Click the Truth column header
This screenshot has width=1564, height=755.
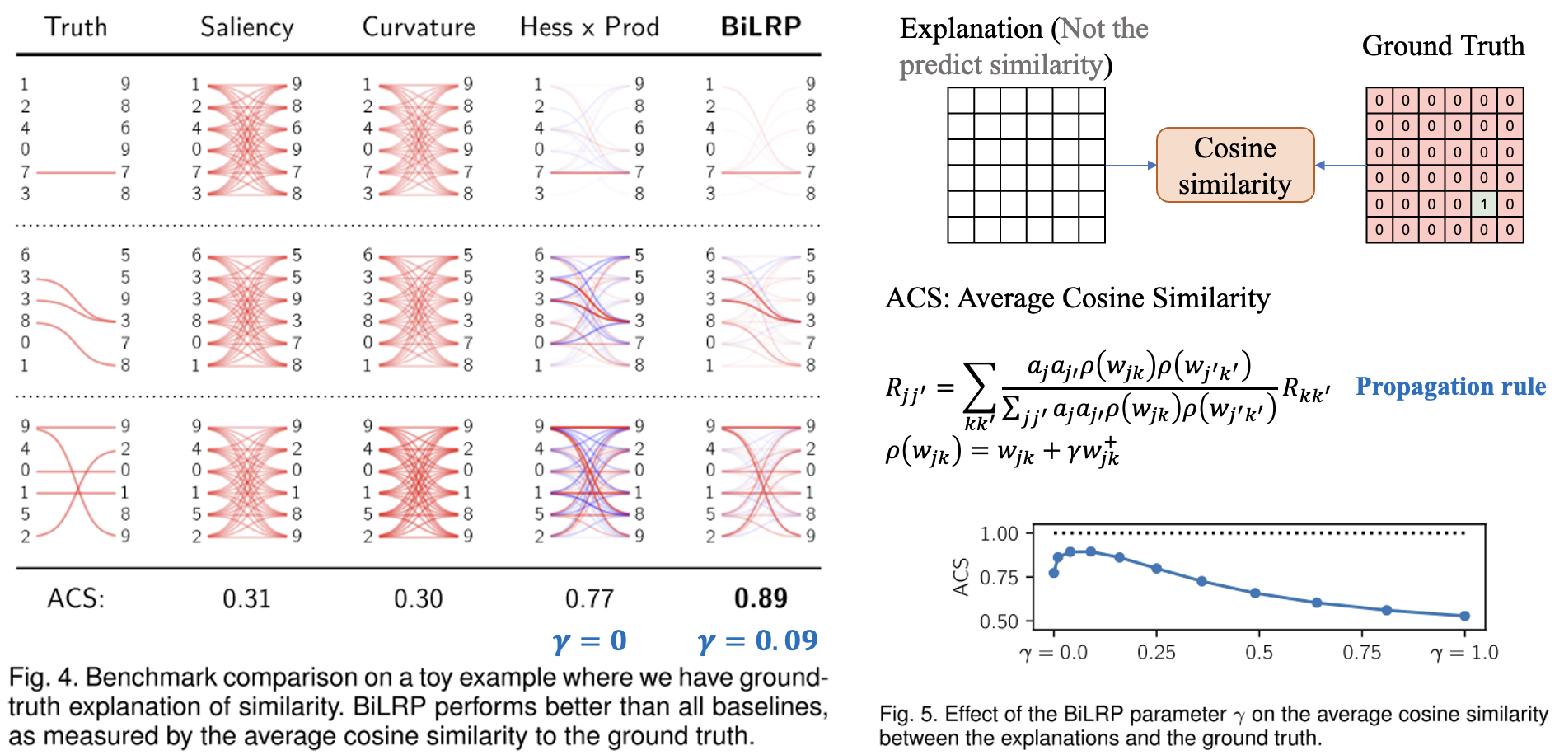click(x=76, y=26)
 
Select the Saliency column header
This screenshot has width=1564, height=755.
click(x=246, y=27)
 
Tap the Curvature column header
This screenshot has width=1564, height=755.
click(x=419, y=27)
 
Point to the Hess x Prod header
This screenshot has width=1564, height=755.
click(x=589, y=27)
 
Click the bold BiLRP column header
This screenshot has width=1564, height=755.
click(x=761, y=26)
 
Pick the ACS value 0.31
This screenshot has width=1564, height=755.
click(x=246, y=598)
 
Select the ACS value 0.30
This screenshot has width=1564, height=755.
click(x=418, y=598)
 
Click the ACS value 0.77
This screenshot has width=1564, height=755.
click(x=589, y=598)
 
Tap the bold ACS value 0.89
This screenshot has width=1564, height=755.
click(x=761, y=598)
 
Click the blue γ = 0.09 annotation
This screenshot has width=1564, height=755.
click(x=757, y=640)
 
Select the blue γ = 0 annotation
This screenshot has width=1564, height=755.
click(x=589, y=640)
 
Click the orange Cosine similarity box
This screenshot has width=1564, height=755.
click(x=1234, y=165)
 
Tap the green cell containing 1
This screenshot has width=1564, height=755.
click(x=1483, y=204)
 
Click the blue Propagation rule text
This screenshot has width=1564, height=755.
click(x=1450, y=386)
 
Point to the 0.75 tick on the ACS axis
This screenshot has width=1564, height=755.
click(x=999, y=577)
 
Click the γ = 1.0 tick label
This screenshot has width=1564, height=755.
click(x=1464, y=653)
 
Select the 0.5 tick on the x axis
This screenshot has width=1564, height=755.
click(x=1258, y=653)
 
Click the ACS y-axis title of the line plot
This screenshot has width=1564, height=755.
click(x=960, y=576)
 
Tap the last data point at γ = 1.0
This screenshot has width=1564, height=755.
click(x=1464, y=616)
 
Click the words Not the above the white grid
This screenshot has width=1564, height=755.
click(x=1103, y=29)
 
